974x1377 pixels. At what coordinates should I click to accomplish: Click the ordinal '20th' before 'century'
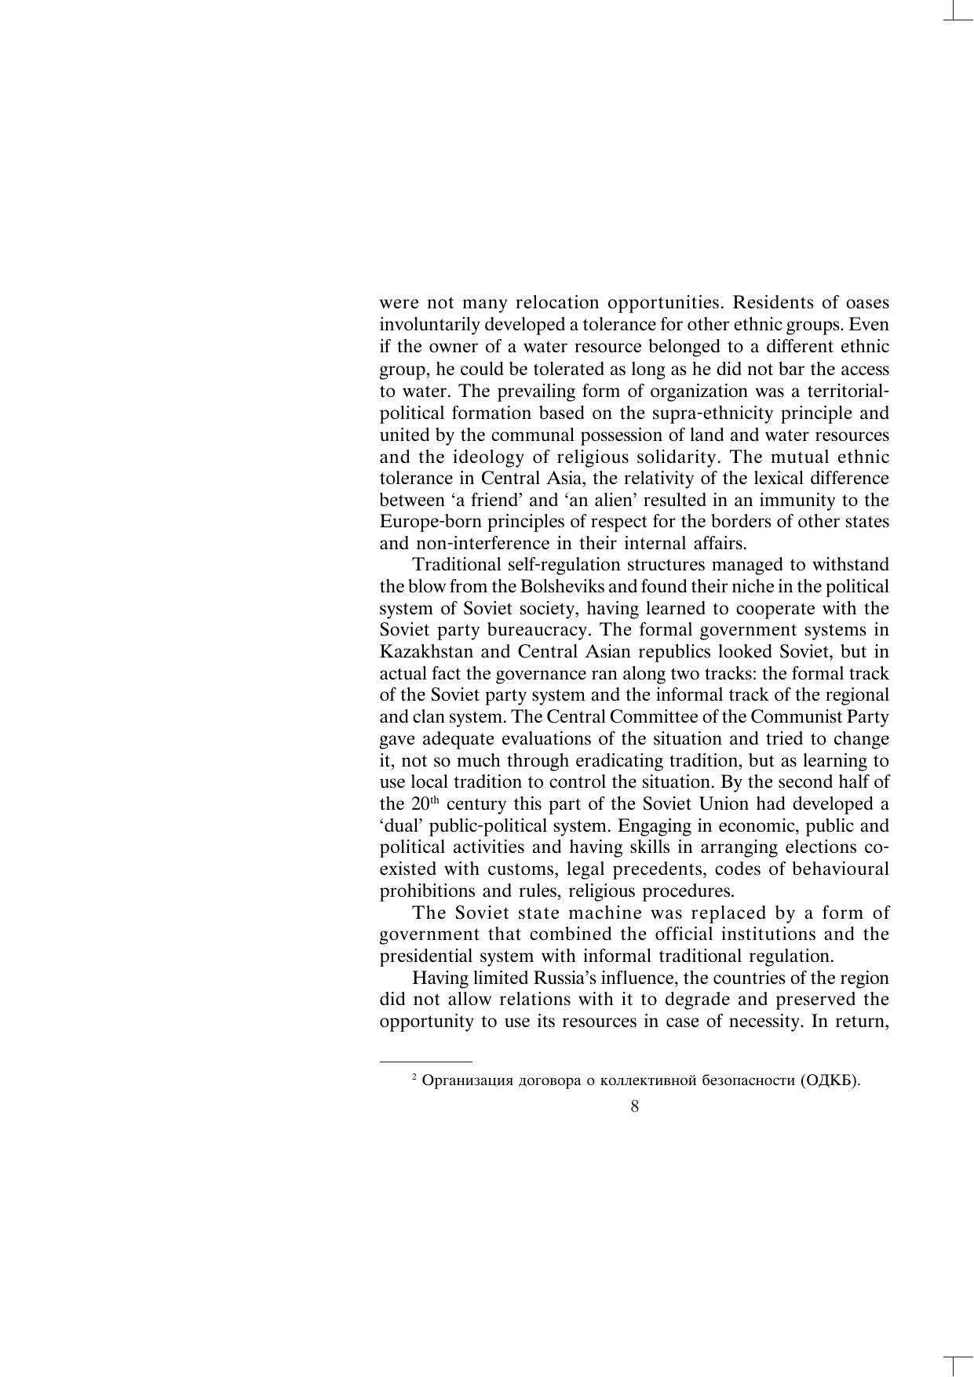coord(418,804)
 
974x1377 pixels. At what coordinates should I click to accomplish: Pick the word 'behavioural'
coord(841,869)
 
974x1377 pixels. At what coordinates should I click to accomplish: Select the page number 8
coord(634,1106)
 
